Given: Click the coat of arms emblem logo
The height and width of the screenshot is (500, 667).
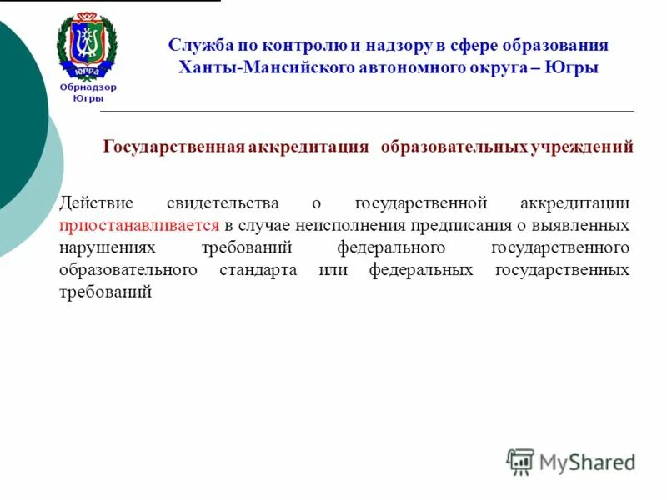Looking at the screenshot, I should (x=87, y=46).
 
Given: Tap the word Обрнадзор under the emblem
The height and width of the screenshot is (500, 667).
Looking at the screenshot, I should (x=88, y=87).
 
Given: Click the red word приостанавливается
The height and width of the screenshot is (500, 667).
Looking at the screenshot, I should (x=139, y=225).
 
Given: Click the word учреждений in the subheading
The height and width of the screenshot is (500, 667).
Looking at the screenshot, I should (x=581, y=147).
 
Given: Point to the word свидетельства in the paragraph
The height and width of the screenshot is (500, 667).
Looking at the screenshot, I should (x=218, y=202).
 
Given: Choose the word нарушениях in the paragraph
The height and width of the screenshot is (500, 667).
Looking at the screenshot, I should (x=107, y=247).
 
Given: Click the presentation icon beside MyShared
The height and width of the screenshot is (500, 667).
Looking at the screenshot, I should (x=520, y=461).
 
